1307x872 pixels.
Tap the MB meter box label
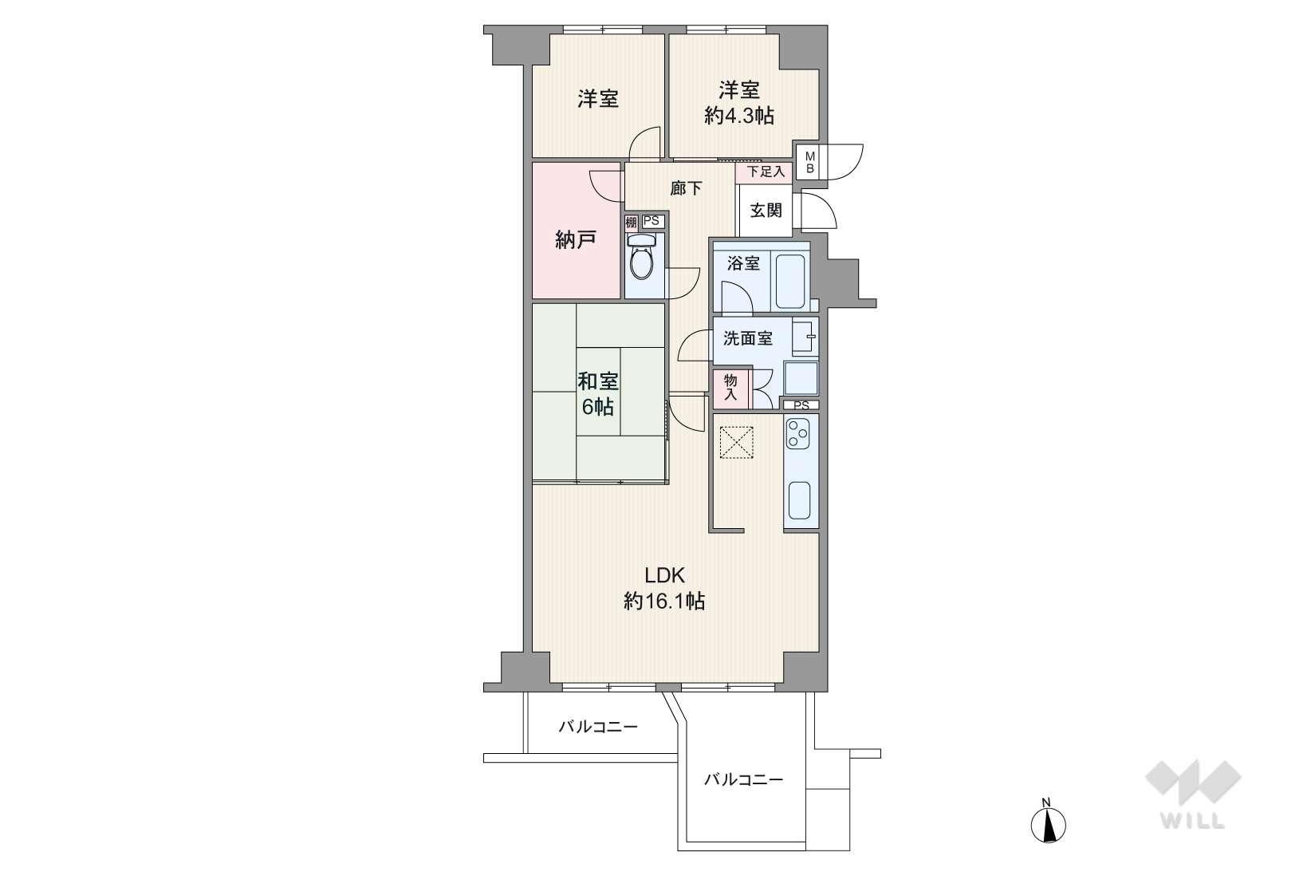(809, 162)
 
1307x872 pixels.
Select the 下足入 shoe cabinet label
(766, 172)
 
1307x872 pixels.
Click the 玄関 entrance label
(766, 210)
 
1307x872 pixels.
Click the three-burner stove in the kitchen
(797, 434)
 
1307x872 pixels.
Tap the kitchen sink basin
(799, 501)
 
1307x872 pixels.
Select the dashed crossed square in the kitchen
(736, 443)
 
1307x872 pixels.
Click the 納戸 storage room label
(575, 240)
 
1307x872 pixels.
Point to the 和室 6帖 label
(597, 394)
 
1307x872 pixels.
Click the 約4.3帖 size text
(738, 116)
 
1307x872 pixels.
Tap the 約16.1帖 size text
(664, 601)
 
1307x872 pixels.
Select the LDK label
(664, 575)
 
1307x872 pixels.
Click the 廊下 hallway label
(686, 188)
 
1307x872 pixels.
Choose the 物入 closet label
(730, 388)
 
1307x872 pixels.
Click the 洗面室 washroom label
(748, 338)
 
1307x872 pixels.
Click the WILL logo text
(1192, 820)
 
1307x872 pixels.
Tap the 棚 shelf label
(631, 223)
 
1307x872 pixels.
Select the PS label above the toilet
(652, 221)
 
